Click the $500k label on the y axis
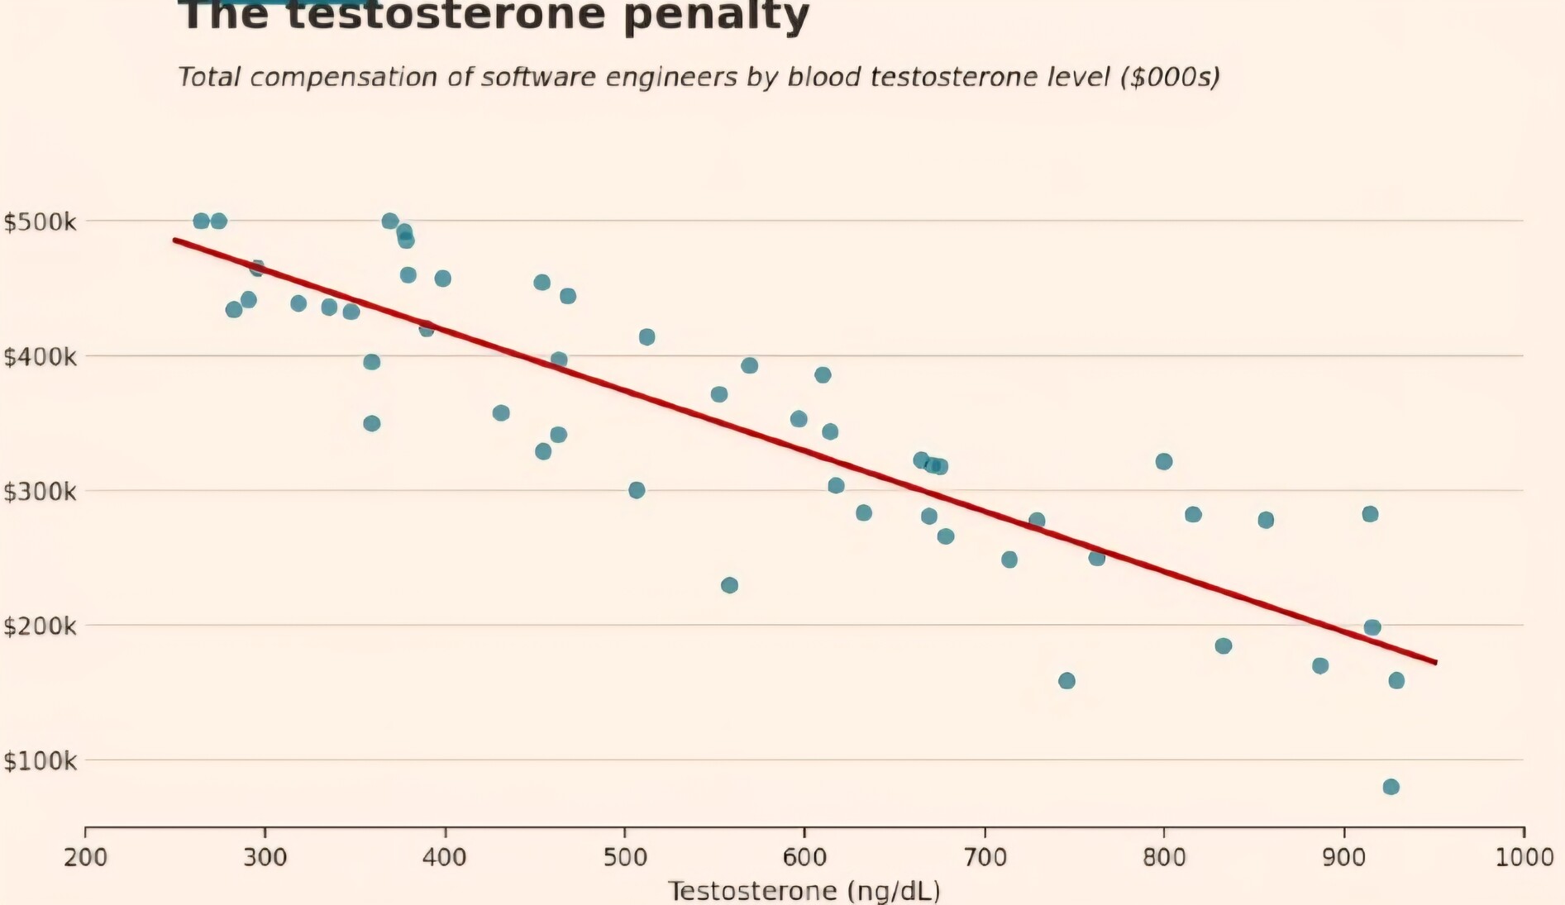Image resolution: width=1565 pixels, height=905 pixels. tap(40, 221)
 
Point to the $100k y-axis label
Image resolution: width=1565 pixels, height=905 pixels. tap(40, 760)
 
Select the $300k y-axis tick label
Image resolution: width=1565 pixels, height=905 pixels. tap(40, 492)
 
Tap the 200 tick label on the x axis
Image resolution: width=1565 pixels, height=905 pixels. tap(85, 857)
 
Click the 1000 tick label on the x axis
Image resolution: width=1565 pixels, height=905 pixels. tap(1524, 857)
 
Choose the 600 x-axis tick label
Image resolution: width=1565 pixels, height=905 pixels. tap(804, 857)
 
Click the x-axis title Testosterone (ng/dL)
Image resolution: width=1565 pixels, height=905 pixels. tap(804, 891)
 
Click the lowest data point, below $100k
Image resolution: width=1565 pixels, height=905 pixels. tap(1391, 787)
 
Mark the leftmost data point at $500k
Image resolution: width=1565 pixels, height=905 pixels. tap(201, 221)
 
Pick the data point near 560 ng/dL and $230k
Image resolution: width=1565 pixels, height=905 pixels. tap(729, 585)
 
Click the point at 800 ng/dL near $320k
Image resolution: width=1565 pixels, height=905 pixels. tap(1164, 461)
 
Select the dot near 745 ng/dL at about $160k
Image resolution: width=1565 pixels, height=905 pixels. tap(1066, 681)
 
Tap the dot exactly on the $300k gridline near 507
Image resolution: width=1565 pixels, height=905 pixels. tap(637, 490)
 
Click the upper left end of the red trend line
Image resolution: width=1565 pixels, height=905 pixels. tap(175, 240)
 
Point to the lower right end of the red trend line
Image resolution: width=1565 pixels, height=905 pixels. tap(1436, 662)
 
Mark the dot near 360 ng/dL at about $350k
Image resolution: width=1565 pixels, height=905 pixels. tap(372, 423)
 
